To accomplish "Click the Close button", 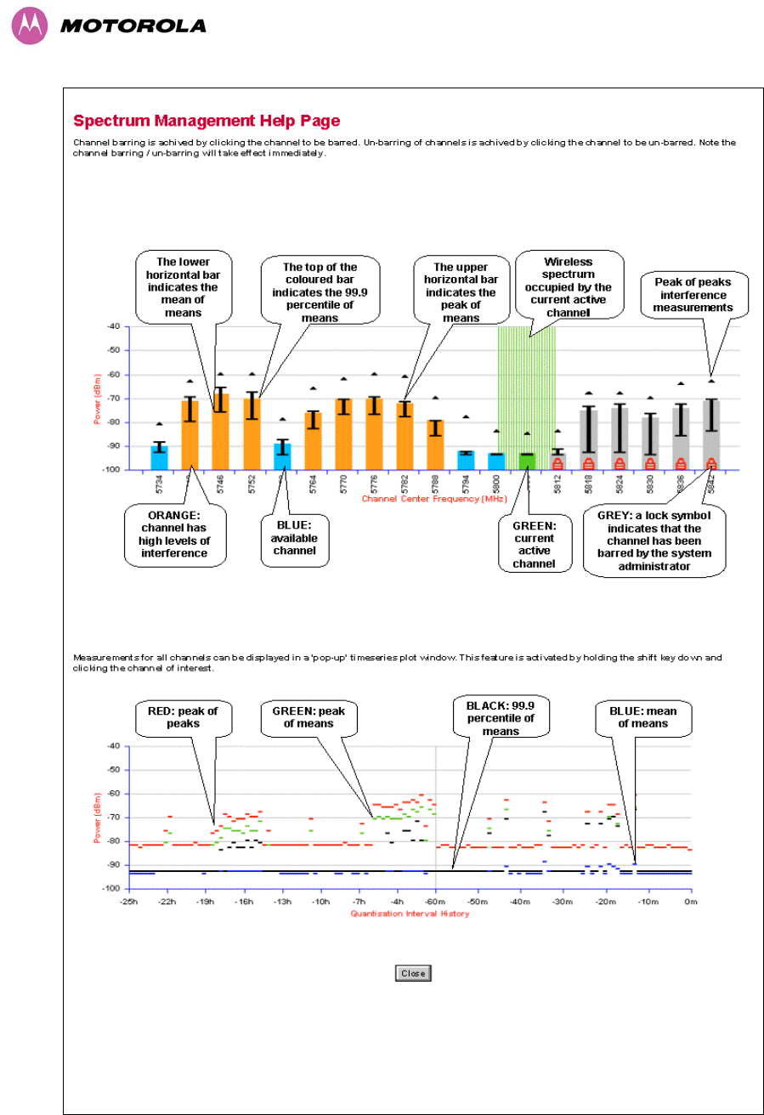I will tap(413, 973).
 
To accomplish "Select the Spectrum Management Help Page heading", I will tap(207, 121).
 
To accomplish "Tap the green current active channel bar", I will tap(527, 461).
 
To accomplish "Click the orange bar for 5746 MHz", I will tap(221, 432).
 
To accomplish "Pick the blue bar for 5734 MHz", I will tap(159, 457).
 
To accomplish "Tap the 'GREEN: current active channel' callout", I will tap(535, 544).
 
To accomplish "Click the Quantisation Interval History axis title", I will tap(409, 914).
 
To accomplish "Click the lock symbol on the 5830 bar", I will tap(650, 464).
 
